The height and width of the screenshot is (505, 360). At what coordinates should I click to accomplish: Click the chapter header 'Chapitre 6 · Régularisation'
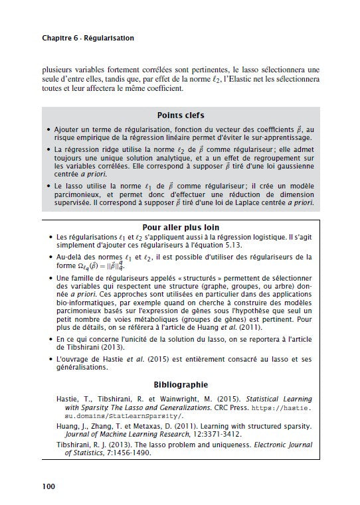(x=88, y=38)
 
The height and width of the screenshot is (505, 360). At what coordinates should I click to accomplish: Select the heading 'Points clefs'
(x=180, y=115)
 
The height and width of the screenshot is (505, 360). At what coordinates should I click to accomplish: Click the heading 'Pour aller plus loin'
(x=180, y=226)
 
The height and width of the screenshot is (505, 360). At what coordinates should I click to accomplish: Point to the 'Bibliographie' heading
(x=180, y=384)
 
